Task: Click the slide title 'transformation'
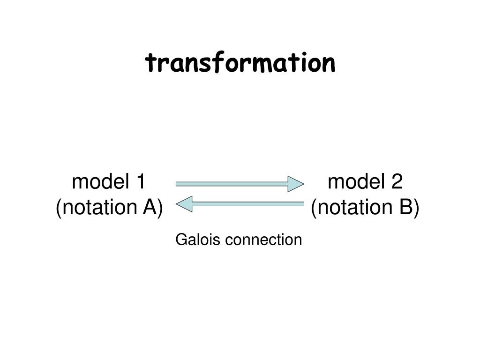pos(240,63)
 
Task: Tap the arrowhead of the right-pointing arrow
pos(296,184)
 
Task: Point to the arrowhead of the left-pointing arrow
pos(184,204)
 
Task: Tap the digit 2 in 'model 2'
pos(397,182)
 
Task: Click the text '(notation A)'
pos(109,207)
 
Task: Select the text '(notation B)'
pos(365,207)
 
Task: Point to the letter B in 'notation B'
pos(406,207)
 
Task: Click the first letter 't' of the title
pos(150,64)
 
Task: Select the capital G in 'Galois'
pos(181,240)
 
